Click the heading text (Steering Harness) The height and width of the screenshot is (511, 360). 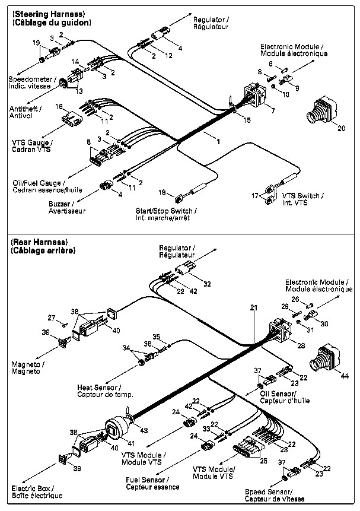49,14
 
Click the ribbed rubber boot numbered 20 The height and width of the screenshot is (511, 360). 321,109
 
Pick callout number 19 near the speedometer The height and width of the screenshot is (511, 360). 36,42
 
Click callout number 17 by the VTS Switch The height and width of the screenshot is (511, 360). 256,195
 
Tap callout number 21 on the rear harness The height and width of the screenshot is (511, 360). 254,308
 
